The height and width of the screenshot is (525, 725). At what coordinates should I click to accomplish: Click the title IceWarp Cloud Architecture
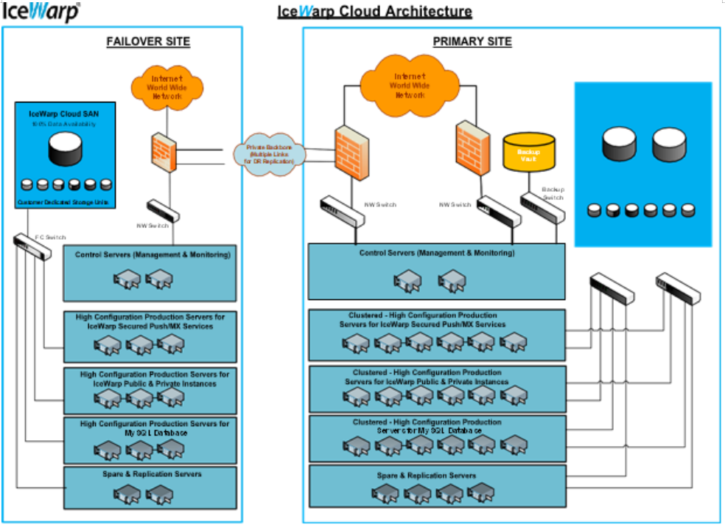[x=374, y=12]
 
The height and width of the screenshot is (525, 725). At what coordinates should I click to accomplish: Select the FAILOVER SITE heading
[x=148, y=41]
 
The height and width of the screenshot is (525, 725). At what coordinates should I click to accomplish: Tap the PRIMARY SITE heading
[x=472, y=41]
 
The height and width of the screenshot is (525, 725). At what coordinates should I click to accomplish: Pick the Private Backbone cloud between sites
[x=266, y=154]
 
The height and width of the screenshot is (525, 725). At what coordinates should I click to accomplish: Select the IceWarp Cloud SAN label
[x=63, y=114]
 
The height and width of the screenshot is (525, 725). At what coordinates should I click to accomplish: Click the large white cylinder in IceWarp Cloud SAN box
[x=63, y=150]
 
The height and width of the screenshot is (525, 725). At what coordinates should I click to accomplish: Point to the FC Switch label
[x=51, y=237]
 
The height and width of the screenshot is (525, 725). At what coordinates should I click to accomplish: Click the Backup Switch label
[x=553, y=193]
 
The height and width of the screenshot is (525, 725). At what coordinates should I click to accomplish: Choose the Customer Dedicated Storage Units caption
[x=63, y=201]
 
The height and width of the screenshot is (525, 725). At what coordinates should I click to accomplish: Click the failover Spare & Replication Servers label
[x=152, y=474]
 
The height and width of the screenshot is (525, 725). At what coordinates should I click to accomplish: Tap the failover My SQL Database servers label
[x=155, y=428]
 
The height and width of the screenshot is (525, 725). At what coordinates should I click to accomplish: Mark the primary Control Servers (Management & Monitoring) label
[x=437, y=253]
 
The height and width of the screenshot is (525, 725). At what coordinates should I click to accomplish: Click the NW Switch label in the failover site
[x=155, y=225]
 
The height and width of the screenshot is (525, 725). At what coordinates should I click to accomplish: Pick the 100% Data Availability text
[x=63, y=124]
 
